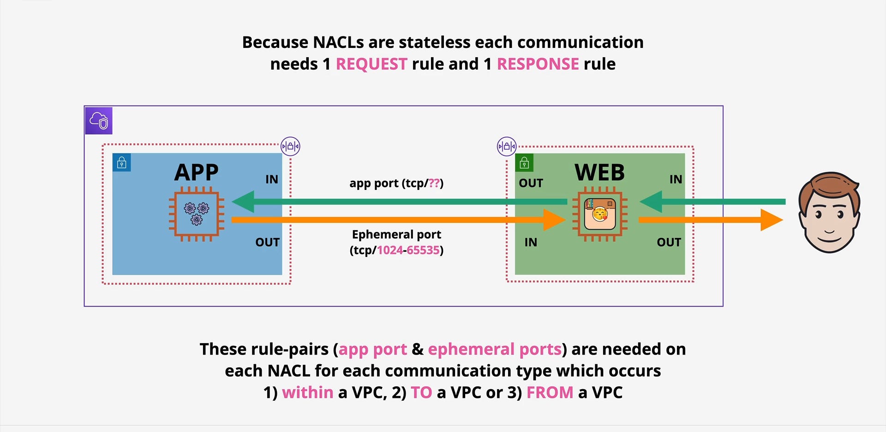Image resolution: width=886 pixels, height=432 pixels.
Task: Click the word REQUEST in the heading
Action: [x=371, y=64]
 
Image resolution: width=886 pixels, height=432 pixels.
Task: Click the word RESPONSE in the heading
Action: [x=538, y=64]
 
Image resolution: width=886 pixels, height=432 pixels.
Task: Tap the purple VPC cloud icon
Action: [x=99, y=121]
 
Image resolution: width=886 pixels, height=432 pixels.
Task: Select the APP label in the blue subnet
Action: [x=197, y=172]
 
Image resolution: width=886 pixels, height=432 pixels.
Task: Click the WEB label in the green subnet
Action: [x=599, y=172]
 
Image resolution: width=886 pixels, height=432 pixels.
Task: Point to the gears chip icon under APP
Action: [x=197, y=214]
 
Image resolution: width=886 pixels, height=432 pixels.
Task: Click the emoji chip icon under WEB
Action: [x=600, y=214]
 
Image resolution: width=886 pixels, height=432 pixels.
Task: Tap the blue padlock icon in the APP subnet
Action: [x=122, y=163]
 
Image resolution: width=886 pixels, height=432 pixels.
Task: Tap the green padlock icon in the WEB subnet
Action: [x=524, y=163]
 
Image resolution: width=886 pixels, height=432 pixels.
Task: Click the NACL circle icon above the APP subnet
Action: [x=291, y=147]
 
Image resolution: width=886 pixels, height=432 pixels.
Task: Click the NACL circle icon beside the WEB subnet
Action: [x=507, y=147]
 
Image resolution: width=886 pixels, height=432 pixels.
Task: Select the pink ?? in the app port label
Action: [x=434, y=183]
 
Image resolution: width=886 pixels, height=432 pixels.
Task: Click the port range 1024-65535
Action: [x=408, y=250]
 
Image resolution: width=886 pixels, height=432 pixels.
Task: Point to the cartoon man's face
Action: [x=829, y=213]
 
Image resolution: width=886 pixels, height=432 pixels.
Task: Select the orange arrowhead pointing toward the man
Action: [x=772, y=220]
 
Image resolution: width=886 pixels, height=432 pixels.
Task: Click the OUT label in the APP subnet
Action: [x=268, y=243]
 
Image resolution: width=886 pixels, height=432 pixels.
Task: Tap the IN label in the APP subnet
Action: [x=272, y=179]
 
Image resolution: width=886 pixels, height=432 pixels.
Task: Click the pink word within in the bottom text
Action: [x=307, y=393]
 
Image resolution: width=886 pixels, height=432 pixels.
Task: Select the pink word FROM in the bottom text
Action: [x=550, y=393]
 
